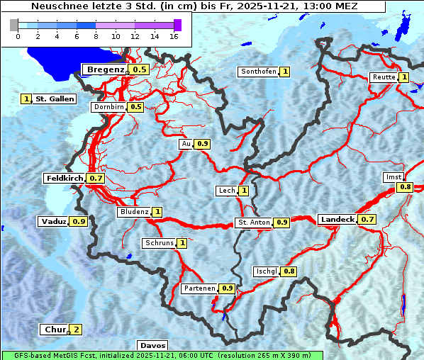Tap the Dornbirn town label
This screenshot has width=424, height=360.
108,107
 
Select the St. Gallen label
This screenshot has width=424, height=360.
55,99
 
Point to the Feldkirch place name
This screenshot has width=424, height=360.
65,179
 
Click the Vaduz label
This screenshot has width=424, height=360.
54,222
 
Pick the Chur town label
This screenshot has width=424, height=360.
55,330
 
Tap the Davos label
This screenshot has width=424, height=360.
152,346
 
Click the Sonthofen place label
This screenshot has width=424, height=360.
258,72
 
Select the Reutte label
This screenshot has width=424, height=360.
382,77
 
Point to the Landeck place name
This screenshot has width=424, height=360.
337,220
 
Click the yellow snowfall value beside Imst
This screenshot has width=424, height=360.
405,187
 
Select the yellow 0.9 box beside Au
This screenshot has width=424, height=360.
203,144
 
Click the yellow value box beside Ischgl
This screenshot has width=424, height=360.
289,271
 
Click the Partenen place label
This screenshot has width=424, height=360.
199,288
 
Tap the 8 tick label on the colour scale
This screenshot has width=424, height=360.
96,36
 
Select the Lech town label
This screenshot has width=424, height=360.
226,191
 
